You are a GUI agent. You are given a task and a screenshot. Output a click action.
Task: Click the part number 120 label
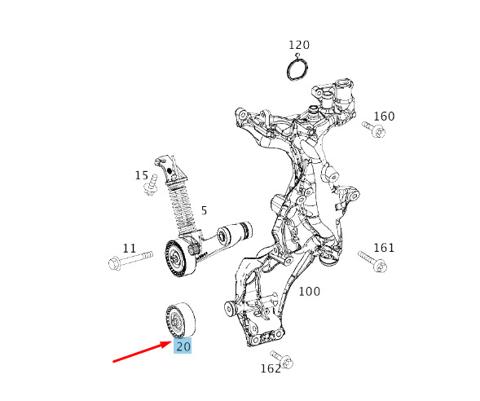(x=299, y=45)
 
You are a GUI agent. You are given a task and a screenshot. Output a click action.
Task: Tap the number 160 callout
(x=384, y=117)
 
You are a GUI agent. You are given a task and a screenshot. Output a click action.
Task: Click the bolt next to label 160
(x=373, y=130)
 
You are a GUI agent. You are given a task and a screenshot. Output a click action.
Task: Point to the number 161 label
(x=384, y=248)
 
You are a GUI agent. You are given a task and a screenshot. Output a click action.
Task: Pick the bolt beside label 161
(x=372, y=262)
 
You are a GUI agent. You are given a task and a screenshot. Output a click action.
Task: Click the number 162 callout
(x=271, y=368)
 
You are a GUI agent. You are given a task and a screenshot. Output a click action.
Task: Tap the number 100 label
(x=310, y=292)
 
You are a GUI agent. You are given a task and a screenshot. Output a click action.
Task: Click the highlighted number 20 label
(x=183, y=346)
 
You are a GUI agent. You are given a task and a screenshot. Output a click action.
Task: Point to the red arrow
(x=143, y=352)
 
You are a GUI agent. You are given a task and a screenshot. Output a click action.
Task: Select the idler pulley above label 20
(x=180, y=319)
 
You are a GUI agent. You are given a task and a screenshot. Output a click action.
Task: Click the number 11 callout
(x=130, y=249)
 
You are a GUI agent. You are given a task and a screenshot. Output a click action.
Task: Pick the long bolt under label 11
(x=130, y=260)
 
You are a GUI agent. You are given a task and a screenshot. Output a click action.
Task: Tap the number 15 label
(x=142, y=176)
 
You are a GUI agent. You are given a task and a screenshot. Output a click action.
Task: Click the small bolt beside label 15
(x=150, y=185)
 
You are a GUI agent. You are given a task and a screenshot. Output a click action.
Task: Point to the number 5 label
(x=205, y=210)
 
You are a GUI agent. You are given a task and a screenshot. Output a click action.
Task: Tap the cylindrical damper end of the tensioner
(x=235, y=233)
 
